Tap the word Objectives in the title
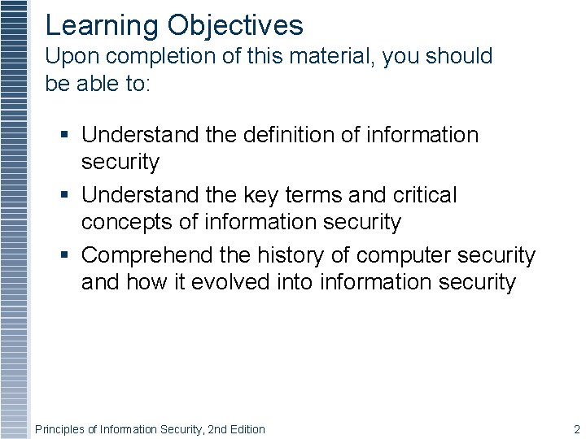coord(235,26)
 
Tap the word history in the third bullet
coord(292,255)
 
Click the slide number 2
coord(576,429)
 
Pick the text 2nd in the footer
coord(219,429)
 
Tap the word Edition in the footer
coord(249,429)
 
